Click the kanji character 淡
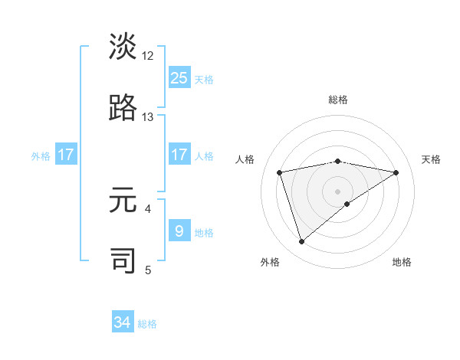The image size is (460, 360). tap(123, 47)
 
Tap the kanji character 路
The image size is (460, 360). tap(123, 109)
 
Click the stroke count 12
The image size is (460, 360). tap(148, 55)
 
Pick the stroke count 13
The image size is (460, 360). tap(148, 117)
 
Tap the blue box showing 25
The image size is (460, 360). tap(179, 77)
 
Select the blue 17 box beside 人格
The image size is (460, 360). tap(179, 155)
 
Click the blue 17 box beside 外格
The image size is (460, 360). tap(66, 155)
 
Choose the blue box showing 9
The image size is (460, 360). tap(179, 231)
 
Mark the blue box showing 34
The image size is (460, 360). tap(123, 322)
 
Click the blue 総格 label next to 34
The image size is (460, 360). tap(147, 324)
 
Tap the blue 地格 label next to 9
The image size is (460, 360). tap(204, 232)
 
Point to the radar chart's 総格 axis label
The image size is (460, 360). tap(337, 100)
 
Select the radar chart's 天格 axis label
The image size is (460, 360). tap(431, 159)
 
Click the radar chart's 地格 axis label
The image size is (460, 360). tap(402, 262)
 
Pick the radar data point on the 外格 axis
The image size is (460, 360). tap(301, 242)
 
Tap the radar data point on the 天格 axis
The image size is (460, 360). tap(396, 172)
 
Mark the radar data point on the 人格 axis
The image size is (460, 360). tap(280, 172)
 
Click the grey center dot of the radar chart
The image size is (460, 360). tap(337, 191)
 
